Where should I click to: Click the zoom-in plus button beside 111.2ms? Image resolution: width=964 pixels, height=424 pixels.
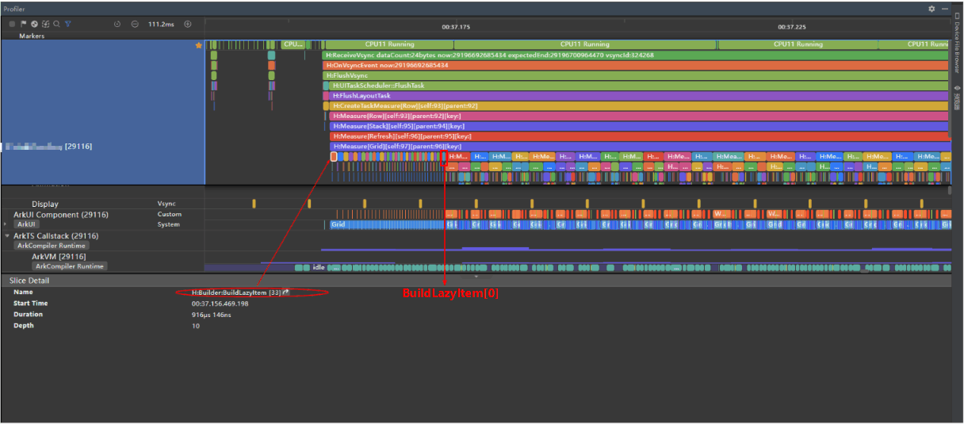click(188, 24)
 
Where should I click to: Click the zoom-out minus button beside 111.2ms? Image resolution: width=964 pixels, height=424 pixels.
click(135, 24)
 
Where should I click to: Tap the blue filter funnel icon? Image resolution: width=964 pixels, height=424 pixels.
click(67, 24)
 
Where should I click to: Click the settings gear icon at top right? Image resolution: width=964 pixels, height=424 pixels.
click(931, 9)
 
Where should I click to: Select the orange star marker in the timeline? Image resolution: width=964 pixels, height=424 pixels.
click(199, 45)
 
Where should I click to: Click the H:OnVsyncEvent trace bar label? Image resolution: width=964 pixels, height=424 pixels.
click(387, 65)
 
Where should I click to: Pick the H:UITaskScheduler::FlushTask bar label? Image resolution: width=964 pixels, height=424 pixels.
click(380, 86)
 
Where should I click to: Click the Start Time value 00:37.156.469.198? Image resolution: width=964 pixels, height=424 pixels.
click(220, 304)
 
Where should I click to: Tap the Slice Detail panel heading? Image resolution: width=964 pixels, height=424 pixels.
click(29, 281)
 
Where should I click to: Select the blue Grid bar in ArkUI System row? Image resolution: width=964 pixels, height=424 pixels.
click(339, 225)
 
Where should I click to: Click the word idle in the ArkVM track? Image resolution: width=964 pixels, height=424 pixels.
click(319, 267)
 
